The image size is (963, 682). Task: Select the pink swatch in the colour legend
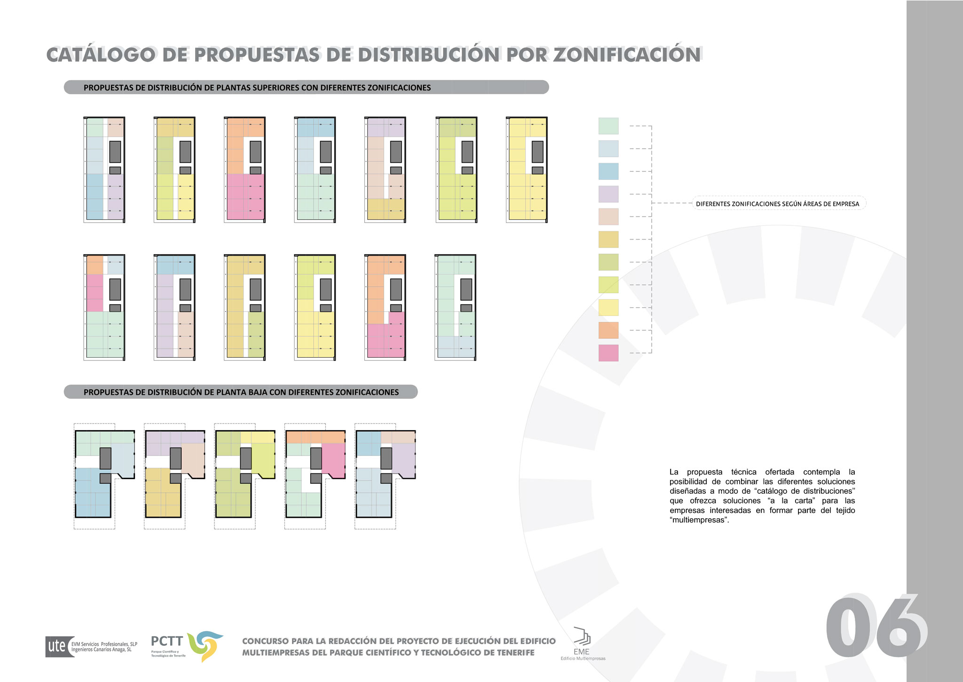point(608,353)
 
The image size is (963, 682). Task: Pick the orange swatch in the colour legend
point(608,330)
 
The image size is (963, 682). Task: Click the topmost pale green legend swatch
point(608,126)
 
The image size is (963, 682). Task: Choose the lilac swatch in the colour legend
point(608,194)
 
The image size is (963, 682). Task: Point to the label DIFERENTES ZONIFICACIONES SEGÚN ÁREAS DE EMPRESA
point(777,204)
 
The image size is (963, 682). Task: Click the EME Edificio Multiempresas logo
point(582,643)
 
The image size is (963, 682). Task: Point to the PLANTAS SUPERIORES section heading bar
point(306,88)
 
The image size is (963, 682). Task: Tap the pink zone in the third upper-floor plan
point(245,197)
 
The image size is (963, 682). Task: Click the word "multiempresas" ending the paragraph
point(699,520)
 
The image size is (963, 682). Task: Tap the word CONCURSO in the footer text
point(265,641)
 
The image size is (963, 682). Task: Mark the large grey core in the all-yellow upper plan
point(537,152)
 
